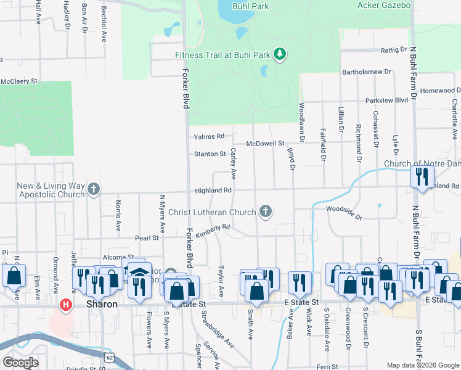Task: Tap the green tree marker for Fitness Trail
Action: [x=280, y=54]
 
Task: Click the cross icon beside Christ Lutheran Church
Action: [x=266, y=212]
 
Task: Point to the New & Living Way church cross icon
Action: [x=93, y=189]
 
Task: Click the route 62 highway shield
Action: [x=109, y=356]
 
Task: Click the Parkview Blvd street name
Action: [x=386, y=100]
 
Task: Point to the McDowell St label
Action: [x=264, y=143]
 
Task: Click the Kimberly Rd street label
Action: [x=213, y=231]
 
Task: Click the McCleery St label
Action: [x=19, y=81]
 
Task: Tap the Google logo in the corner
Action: [x=20, y=363]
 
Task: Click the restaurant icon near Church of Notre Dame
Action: [x=422, y=177]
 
